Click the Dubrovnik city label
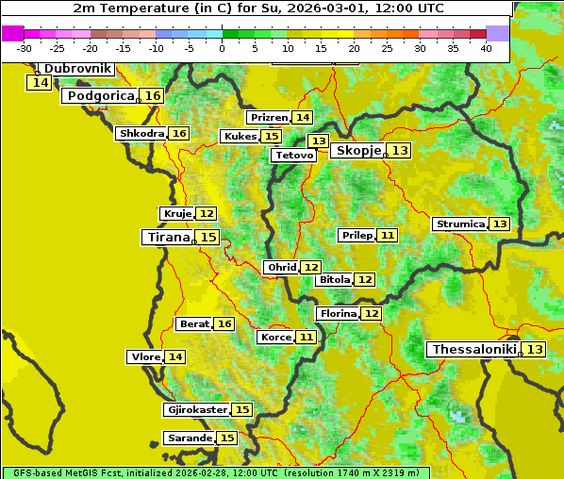[77, 69]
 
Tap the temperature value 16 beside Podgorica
[153, 96]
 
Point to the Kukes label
[240, 137]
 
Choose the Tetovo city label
[293, 155]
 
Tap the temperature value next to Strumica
[500, 224]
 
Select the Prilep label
[356, 235]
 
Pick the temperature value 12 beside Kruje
[207, 214]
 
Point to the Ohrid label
[281, 268]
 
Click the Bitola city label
[334, 280]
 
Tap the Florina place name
[338, 313]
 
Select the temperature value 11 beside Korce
[307, 337]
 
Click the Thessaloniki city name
[473, 350]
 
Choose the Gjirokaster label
[196, 410]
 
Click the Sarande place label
[189, 438]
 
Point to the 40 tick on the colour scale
[486, 48]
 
